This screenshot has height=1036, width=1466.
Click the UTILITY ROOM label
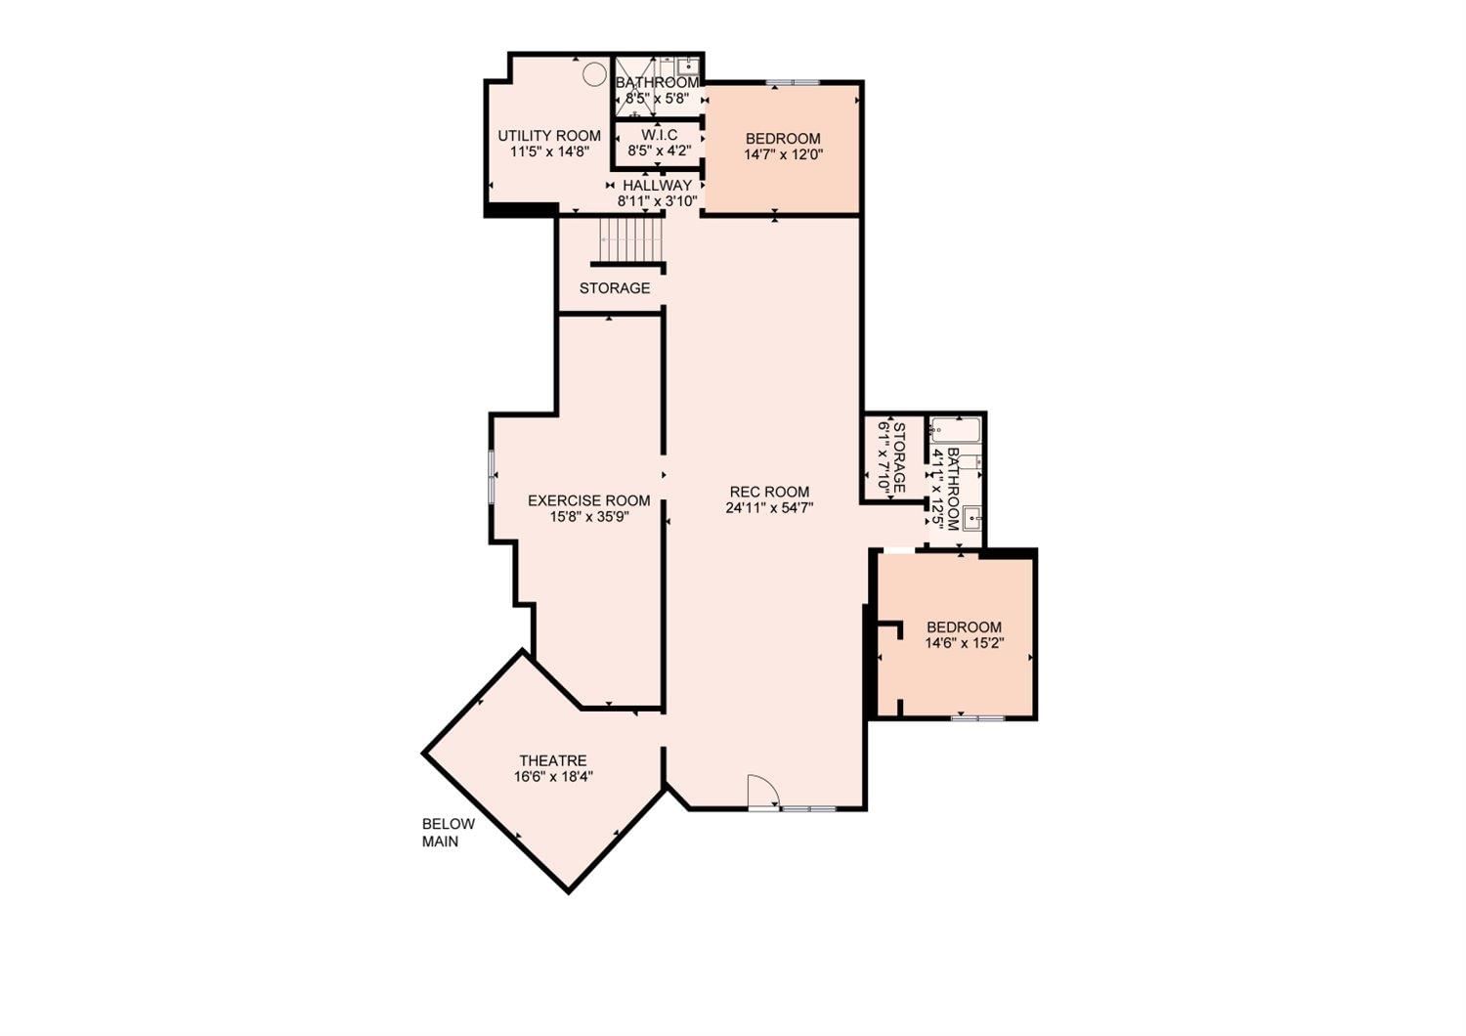click(x=549, y=136)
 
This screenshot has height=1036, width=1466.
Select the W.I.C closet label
click(x=659, y=135)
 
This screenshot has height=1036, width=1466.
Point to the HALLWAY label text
click(x=657, y=186)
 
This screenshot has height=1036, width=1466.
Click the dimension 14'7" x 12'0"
click(x=783, y=155)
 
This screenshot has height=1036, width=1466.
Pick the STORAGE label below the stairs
click(x=615, y=288)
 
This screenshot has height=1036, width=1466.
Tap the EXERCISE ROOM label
click(x=589, y=500)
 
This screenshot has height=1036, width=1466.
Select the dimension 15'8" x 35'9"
click(x=589, y=517)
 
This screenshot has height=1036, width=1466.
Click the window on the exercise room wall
click(x=492, y=476)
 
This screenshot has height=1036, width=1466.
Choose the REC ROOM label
click(x=770, y=492)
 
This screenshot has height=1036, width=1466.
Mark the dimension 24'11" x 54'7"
click(x=770, y=508)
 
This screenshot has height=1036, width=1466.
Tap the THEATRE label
click(x=553, y=760)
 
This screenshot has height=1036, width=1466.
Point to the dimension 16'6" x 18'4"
click(x=554, y=777)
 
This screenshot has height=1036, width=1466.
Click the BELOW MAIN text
click(x=449, y=833)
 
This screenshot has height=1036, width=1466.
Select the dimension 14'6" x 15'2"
click(x=965, y=643)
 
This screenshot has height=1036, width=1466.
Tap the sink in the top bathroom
click(x=688, y=66)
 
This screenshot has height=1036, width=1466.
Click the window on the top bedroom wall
click(x=794, y=82)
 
